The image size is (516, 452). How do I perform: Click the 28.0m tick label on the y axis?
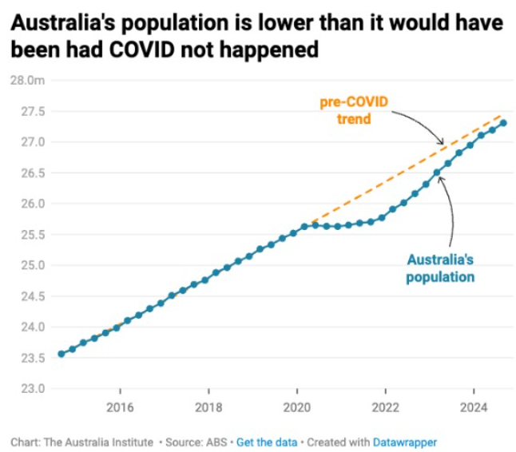click(26, 81)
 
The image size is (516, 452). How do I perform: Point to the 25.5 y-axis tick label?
click(29, 235)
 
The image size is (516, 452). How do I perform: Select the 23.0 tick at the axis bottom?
click(29, 389)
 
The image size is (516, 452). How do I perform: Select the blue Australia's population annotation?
click(440, 268)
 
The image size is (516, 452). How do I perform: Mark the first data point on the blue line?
click(62, 354)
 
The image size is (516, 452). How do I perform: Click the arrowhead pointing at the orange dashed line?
click(441, 145)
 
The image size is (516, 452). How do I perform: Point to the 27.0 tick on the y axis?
click(29, 142)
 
